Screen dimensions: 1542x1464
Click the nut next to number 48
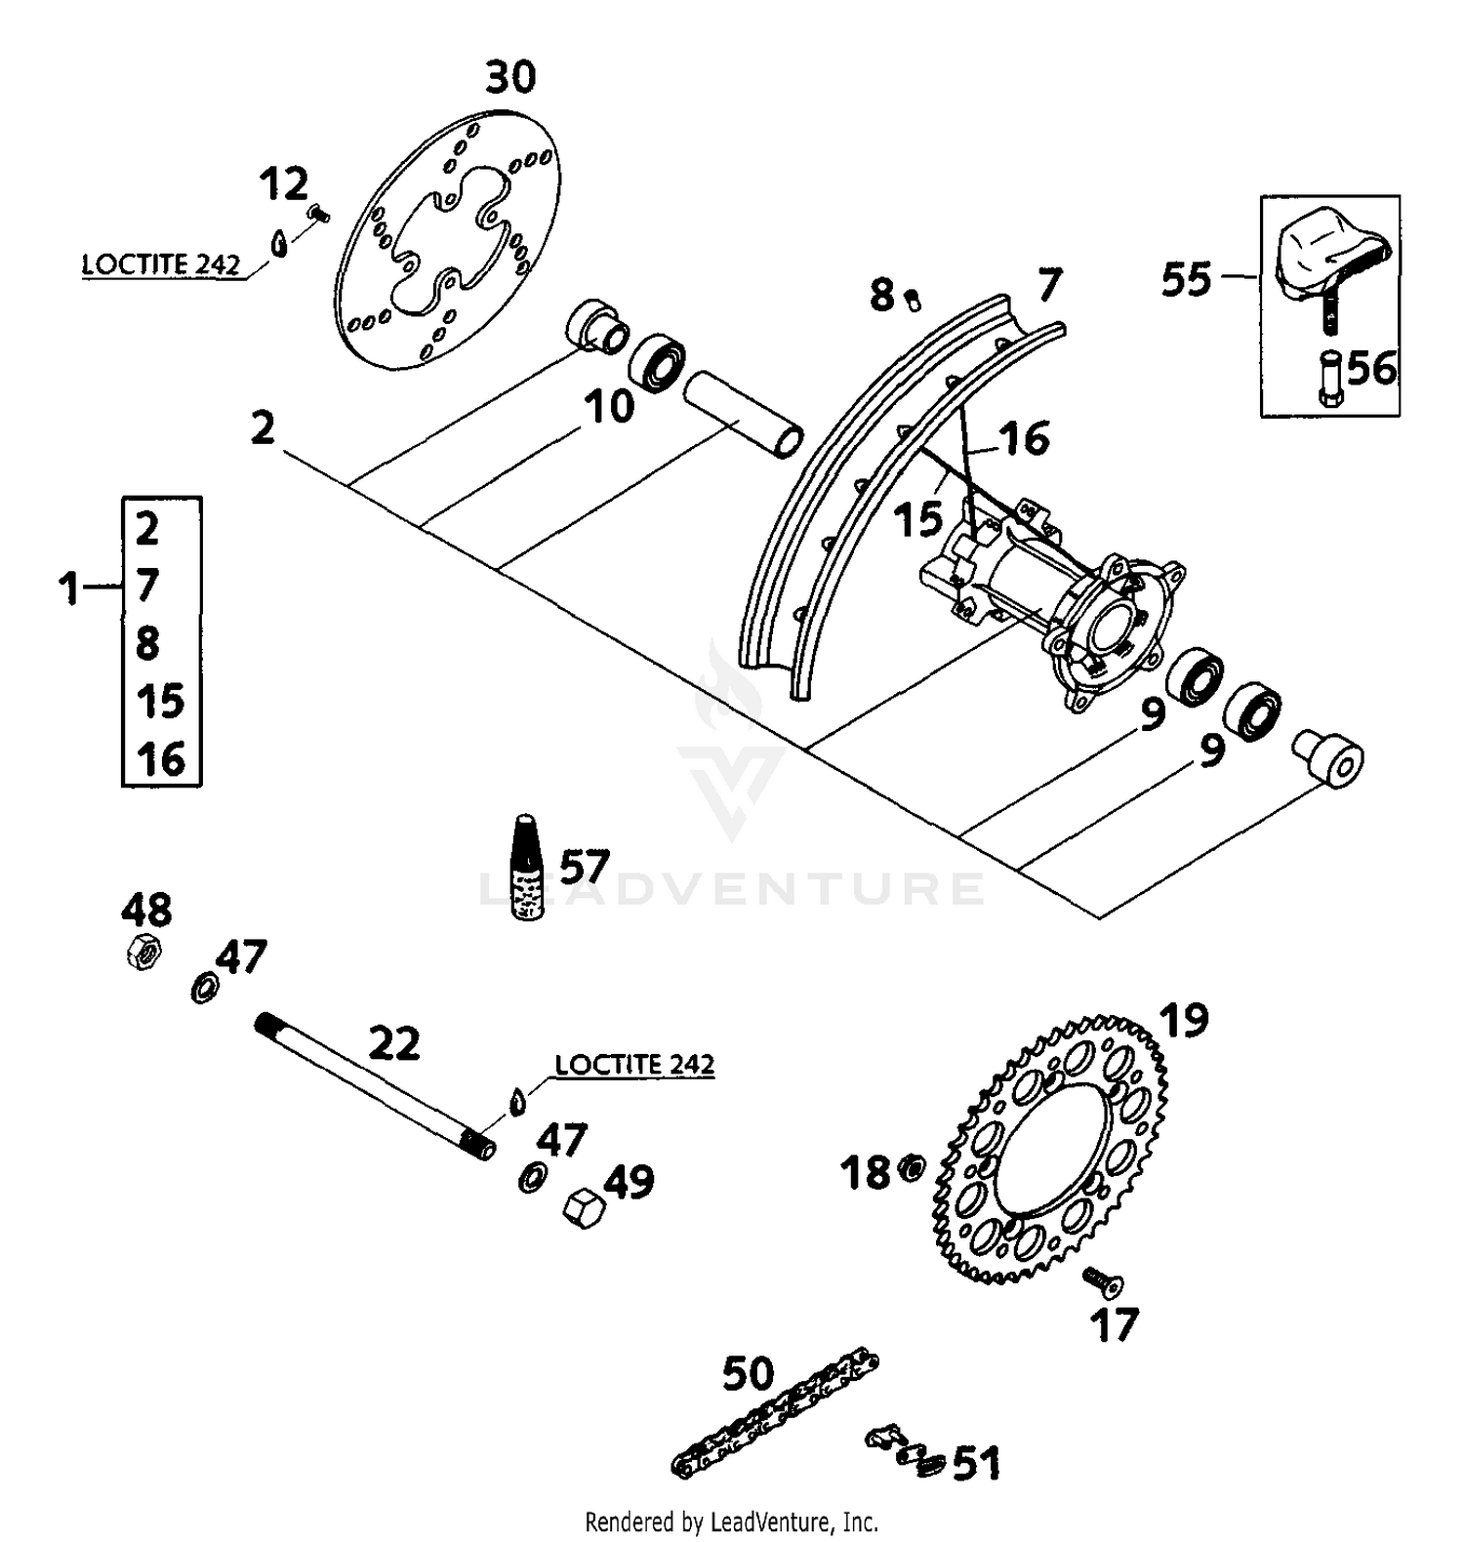pyautogui.click(x=142, y=950)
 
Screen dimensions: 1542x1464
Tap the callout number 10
pyautogui.click(x=608, y=406)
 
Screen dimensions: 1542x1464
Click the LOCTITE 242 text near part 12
pyautogui.click(x=161, y=264)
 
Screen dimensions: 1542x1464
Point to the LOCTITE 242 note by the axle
pyautogui.click(x=634, y=1064)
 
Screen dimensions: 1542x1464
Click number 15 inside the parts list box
pyautogui.click(x=161, y=701)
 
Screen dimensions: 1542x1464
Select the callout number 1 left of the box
pyautogui.click(x=68, y=588)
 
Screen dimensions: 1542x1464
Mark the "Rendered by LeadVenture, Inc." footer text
pyautogui.click(x=731, y=1521)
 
